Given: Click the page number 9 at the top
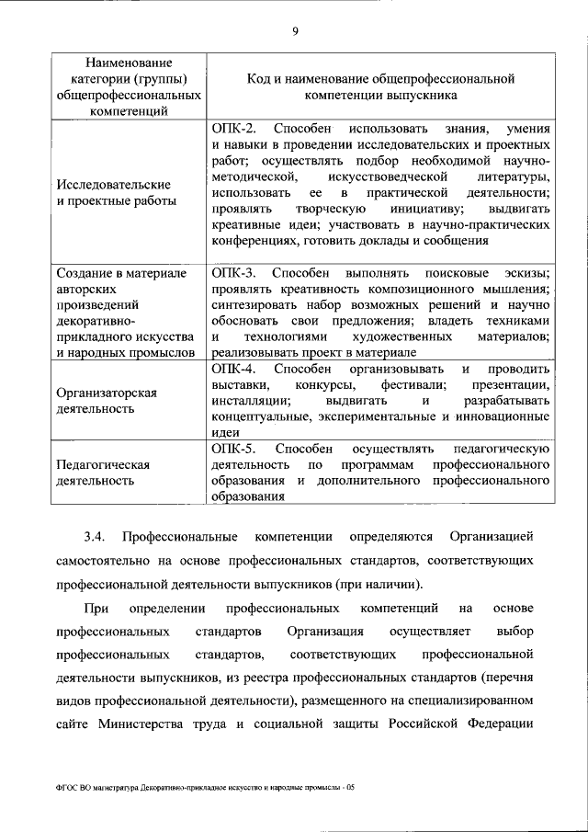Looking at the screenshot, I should click(x=295, y=32).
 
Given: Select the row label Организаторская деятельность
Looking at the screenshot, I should click(x=107, y=400).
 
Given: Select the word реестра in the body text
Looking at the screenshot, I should click(x=336, y=679).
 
